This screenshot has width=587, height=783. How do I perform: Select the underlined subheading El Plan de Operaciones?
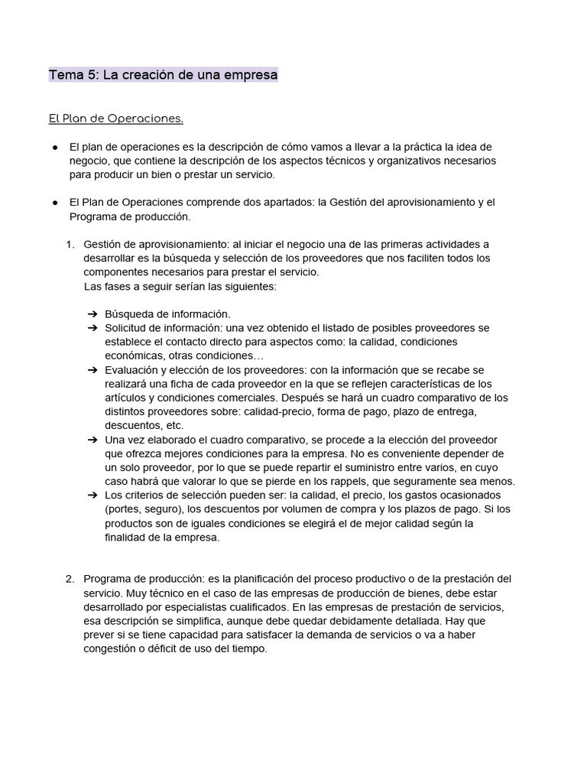pos(116,119)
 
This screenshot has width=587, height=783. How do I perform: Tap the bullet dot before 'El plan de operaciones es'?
pos(56,147)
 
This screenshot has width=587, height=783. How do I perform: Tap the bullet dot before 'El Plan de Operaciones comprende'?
pos(56,203)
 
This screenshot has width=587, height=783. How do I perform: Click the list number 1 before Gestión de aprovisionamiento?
pos(70,244)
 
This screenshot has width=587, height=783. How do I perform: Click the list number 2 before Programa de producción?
pos(70,578)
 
